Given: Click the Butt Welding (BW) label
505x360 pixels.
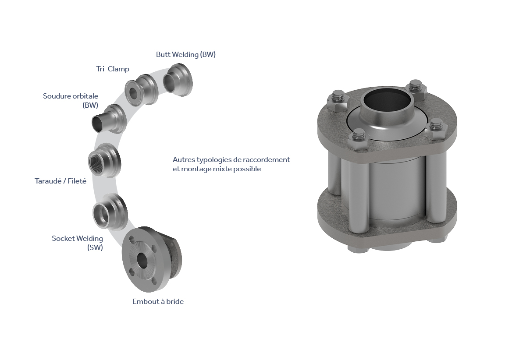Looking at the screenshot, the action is (x=186, y=54).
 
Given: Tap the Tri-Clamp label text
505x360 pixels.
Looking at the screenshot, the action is (x=113, y=69).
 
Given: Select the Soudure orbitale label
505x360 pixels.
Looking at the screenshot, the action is (x=71, y=100).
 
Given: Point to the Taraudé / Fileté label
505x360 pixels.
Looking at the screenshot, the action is (x=60, y=181).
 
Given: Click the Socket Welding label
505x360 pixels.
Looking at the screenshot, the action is (x=77, y=243).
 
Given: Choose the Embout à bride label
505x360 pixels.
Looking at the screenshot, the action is (x=158, y=301).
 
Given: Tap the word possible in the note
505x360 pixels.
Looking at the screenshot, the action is (x=247, y=169).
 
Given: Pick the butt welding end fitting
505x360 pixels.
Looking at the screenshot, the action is (x=178, y=80).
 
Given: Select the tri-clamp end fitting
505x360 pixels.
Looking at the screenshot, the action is (x=142, y=90).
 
